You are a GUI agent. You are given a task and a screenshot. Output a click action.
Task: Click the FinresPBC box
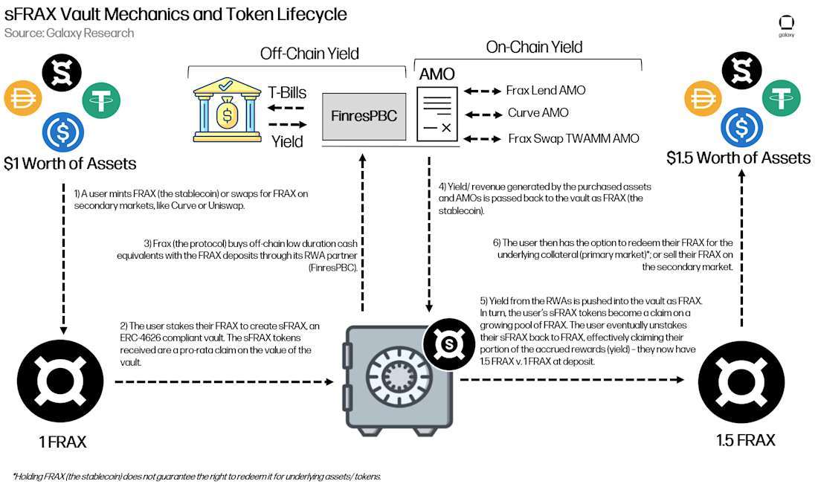click(364, 116)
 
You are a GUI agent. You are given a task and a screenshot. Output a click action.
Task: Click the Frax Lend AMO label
click(545, 91)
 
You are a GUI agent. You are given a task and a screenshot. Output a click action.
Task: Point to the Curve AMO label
click(538, 114)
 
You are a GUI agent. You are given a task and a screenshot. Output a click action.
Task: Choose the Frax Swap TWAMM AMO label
click(573, 138)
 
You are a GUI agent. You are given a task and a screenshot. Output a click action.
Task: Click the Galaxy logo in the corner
click(786, 25)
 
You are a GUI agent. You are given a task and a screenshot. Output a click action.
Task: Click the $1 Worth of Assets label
click(70, 163)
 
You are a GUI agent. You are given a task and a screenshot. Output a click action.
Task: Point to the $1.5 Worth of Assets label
click(738, 158)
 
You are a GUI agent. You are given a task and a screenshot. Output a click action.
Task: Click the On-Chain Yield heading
click(534, 47)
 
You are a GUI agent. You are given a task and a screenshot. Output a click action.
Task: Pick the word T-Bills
click(286, 94)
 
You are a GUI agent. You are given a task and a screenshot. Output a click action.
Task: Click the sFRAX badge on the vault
click(448, 343)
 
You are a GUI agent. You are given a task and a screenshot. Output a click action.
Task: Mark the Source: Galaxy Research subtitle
click(69, 33)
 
